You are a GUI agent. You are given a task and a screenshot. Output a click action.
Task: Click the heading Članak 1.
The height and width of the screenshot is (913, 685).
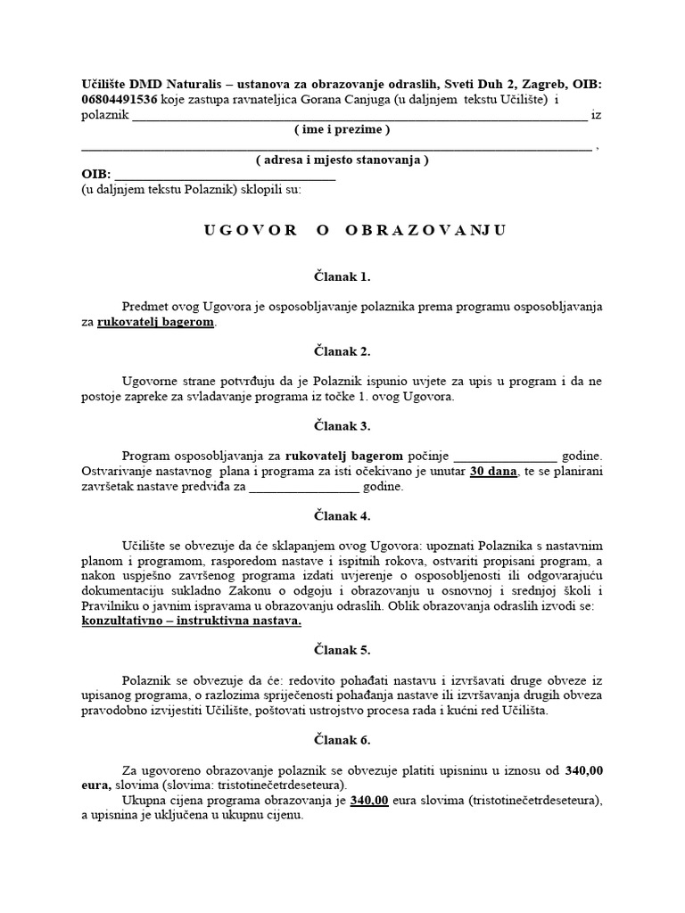pos(342,276)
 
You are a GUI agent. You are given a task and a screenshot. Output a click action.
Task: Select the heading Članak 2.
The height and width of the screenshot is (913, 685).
pos(342,351)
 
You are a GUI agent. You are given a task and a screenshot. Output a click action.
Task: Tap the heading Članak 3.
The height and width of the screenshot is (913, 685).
pos(342,426)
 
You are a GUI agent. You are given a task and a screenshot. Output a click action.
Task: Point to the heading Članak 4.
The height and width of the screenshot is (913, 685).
pos(342,515)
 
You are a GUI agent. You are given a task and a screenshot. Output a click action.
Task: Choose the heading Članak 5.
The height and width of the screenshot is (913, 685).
pos(342,649)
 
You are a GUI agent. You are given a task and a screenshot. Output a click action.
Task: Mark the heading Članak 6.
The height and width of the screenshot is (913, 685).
pos(342,739)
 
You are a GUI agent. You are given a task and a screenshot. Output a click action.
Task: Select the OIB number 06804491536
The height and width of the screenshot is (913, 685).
pos(120,100)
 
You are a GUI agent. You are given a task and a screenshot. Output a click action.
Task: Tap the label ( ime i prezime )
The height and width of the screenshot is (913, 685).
pos(342,130)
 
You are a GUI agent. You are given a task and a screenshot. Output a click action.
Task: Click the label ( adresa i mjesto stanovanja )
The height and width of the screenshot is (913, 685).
pos(342,160)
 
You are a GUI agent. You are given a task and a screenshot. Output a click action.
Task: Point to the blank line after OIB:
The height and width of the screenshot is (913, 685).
pos(225,176)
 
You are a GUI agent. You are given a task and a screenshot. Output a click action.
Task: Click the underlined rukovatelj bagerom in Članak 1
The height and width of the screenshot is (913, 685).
pos(156,322)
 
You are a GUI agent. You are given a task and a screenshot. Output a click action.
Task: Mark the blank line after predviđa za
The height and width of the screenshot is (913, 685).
pos(304,487)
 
